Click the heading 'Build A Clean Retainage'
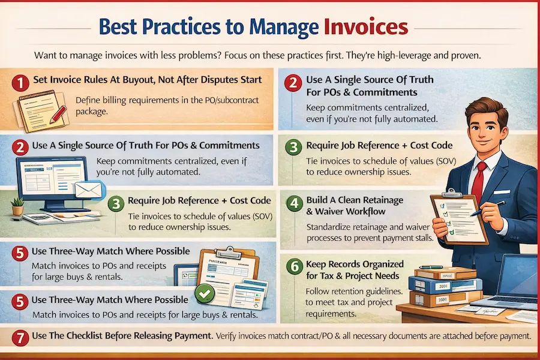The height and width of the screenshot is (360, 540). coord(355,200)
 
